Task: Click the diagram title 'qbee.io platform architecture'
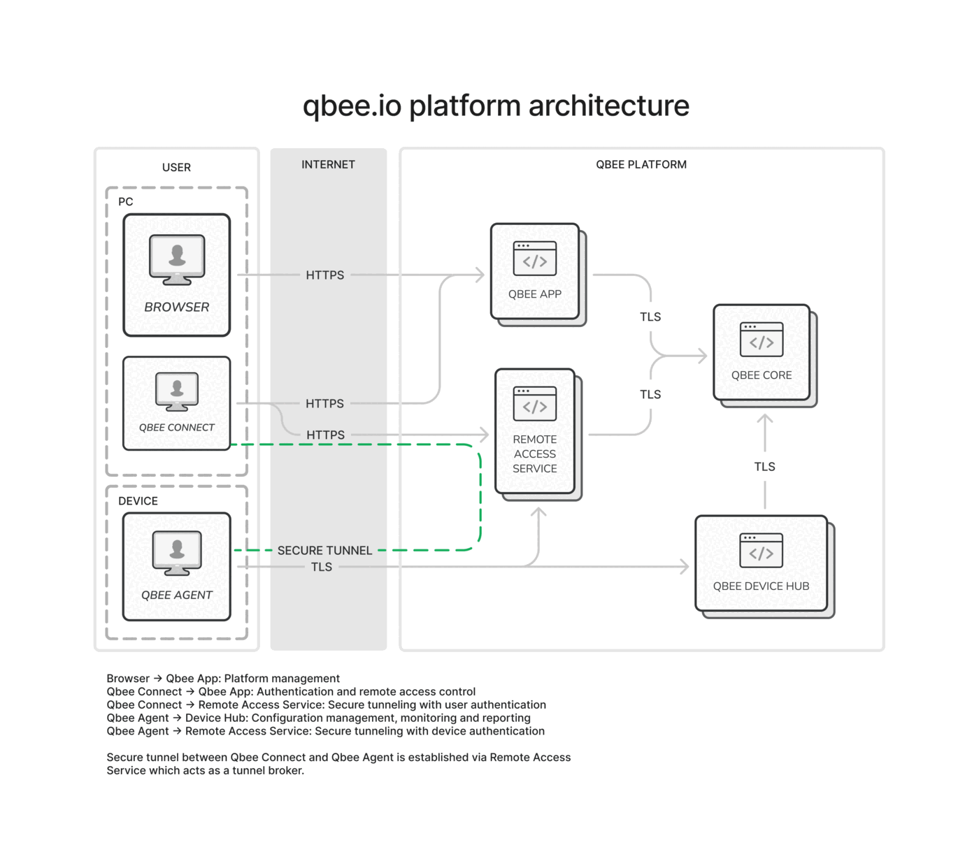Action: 496,106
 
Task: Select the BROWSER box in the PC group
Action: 177,275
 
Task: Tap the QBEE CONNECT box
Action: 177,403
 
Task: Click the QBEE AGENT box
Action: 177,567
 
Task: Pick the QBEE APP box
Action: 535,272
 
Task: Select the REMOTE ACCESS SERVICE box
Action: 535,431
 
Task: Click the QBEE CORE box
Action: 762,352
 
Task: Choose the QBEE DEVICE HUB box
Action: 762,563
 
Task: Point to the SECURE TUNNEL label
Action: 324,550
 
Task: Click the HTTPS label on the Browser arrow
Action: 325,275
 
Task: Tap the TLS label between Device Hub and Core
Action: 764,467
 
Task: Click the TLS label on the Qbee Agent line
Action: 322,567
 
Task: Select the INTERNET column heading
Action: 328,164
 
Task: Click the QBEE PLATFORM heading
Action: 641,164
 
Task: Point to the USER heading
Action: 176,167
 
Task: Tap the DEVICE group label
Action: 138,501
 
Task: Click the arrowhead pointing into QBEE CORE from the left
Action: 702,356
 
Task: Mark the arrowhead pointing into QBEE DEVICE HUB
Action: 685,567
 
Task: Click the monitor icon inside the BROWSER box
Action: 177,259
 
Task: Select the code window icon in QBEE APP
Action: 535,259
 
